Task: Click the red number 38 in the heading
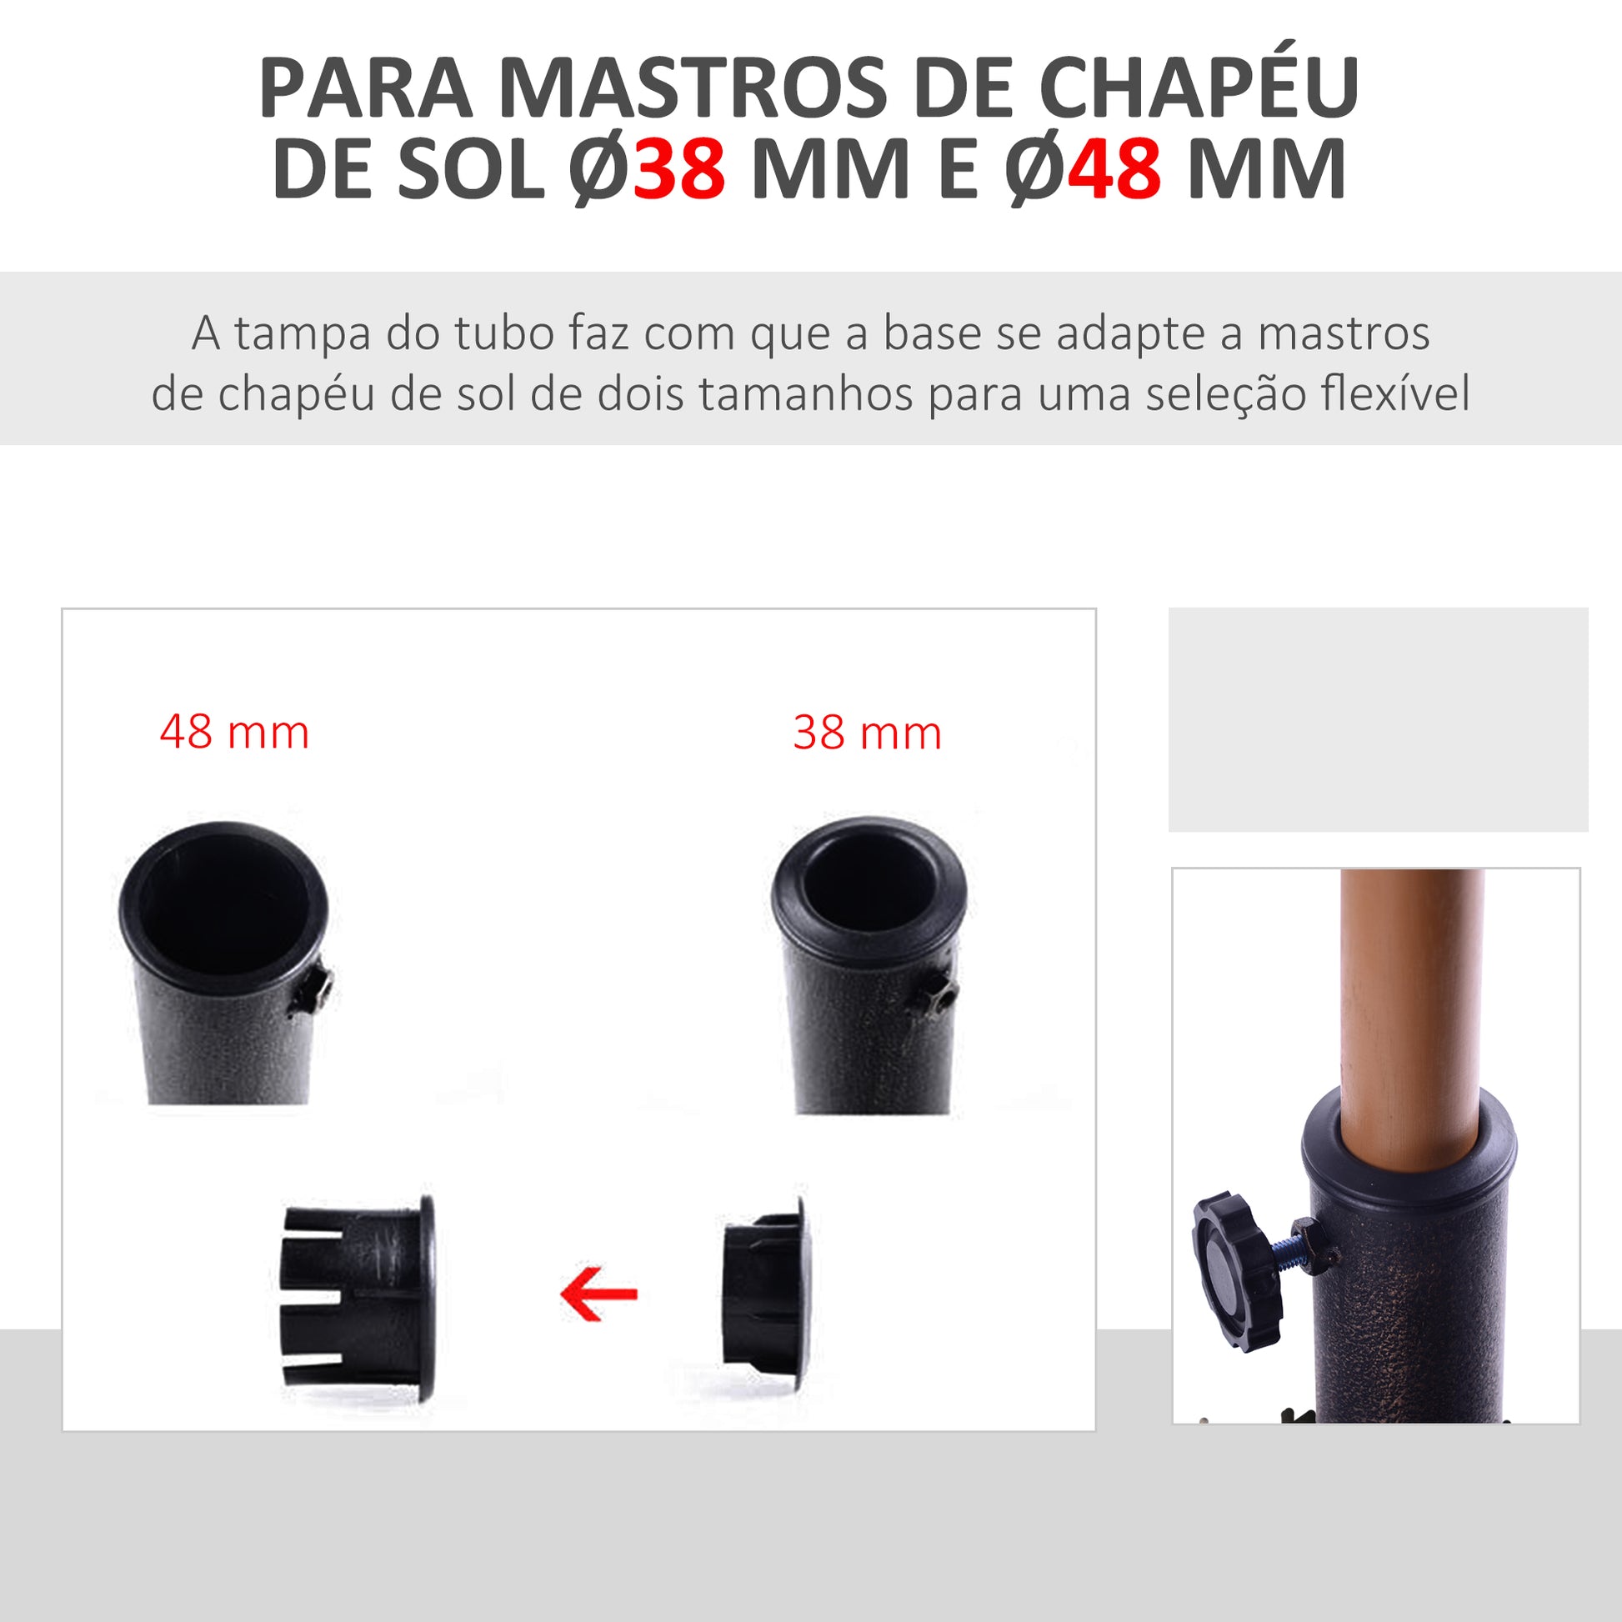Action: (679, 168)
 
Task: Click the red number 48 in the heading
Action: (1114, 168)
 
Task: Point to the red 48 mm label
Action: (234, 732)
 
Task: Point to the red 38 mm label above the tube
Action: (867, 733)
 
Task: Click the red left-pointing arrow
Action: (598, 1294)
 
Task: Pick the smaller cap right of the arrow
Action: (767, 1294)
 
